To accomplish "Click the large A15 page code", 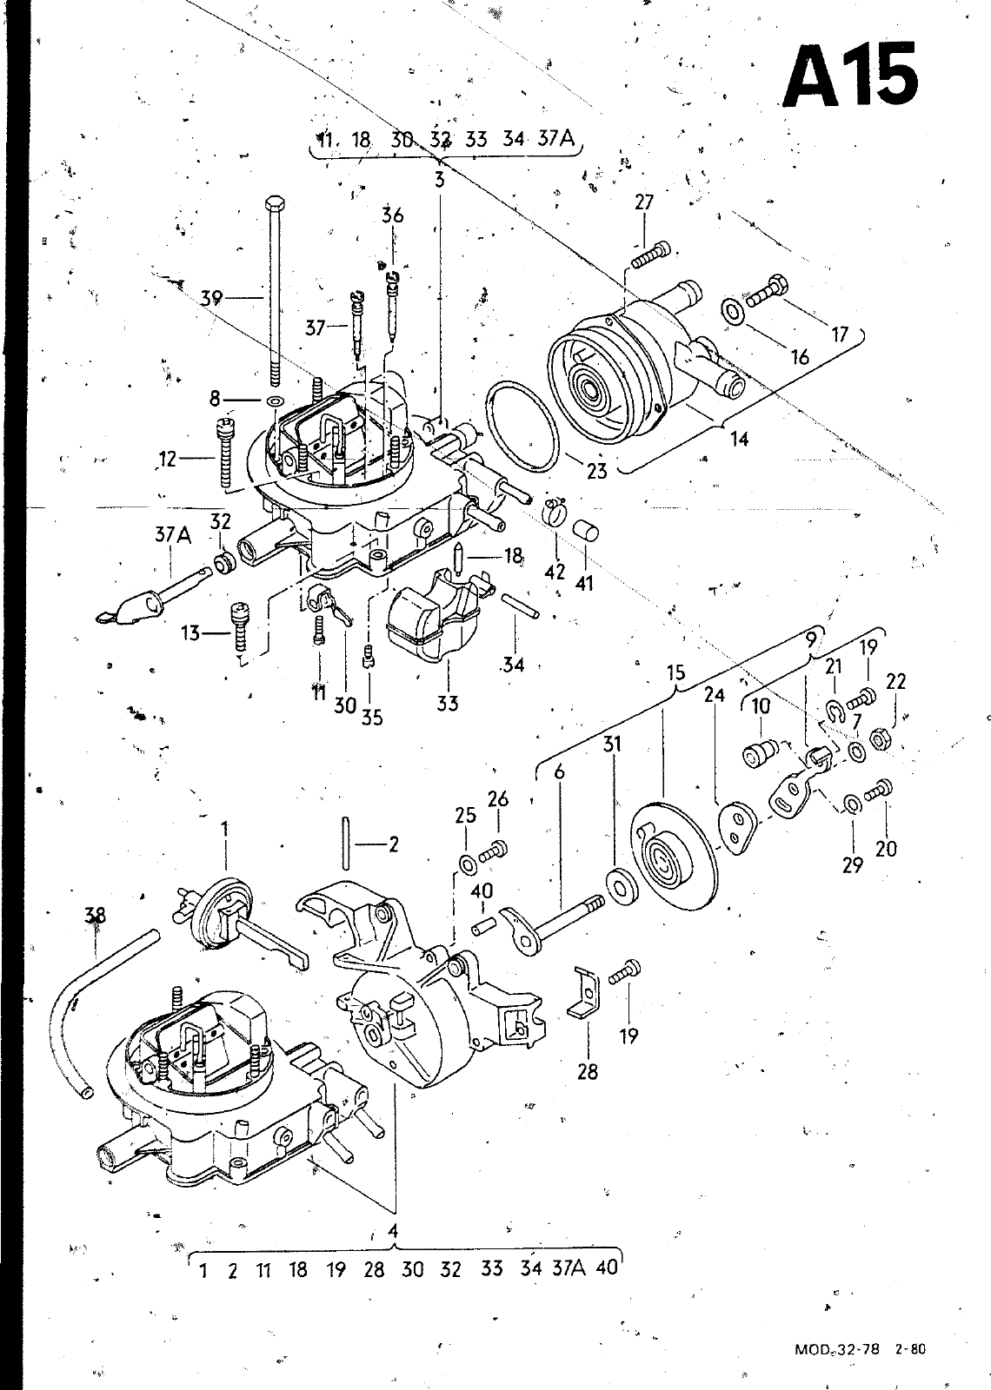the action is [850, 76].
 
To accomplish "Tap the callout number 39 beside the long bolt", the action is [212, 298].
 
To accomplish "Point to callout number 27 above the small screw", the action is [644, 202].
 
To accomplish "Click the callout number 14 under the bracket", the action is [739, 440].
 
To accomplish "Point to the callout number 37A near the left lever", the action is [173, 534].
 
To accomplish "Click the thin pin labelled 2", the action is [345, 844].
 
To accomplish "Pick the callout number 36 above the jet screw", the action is [392, 215].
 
